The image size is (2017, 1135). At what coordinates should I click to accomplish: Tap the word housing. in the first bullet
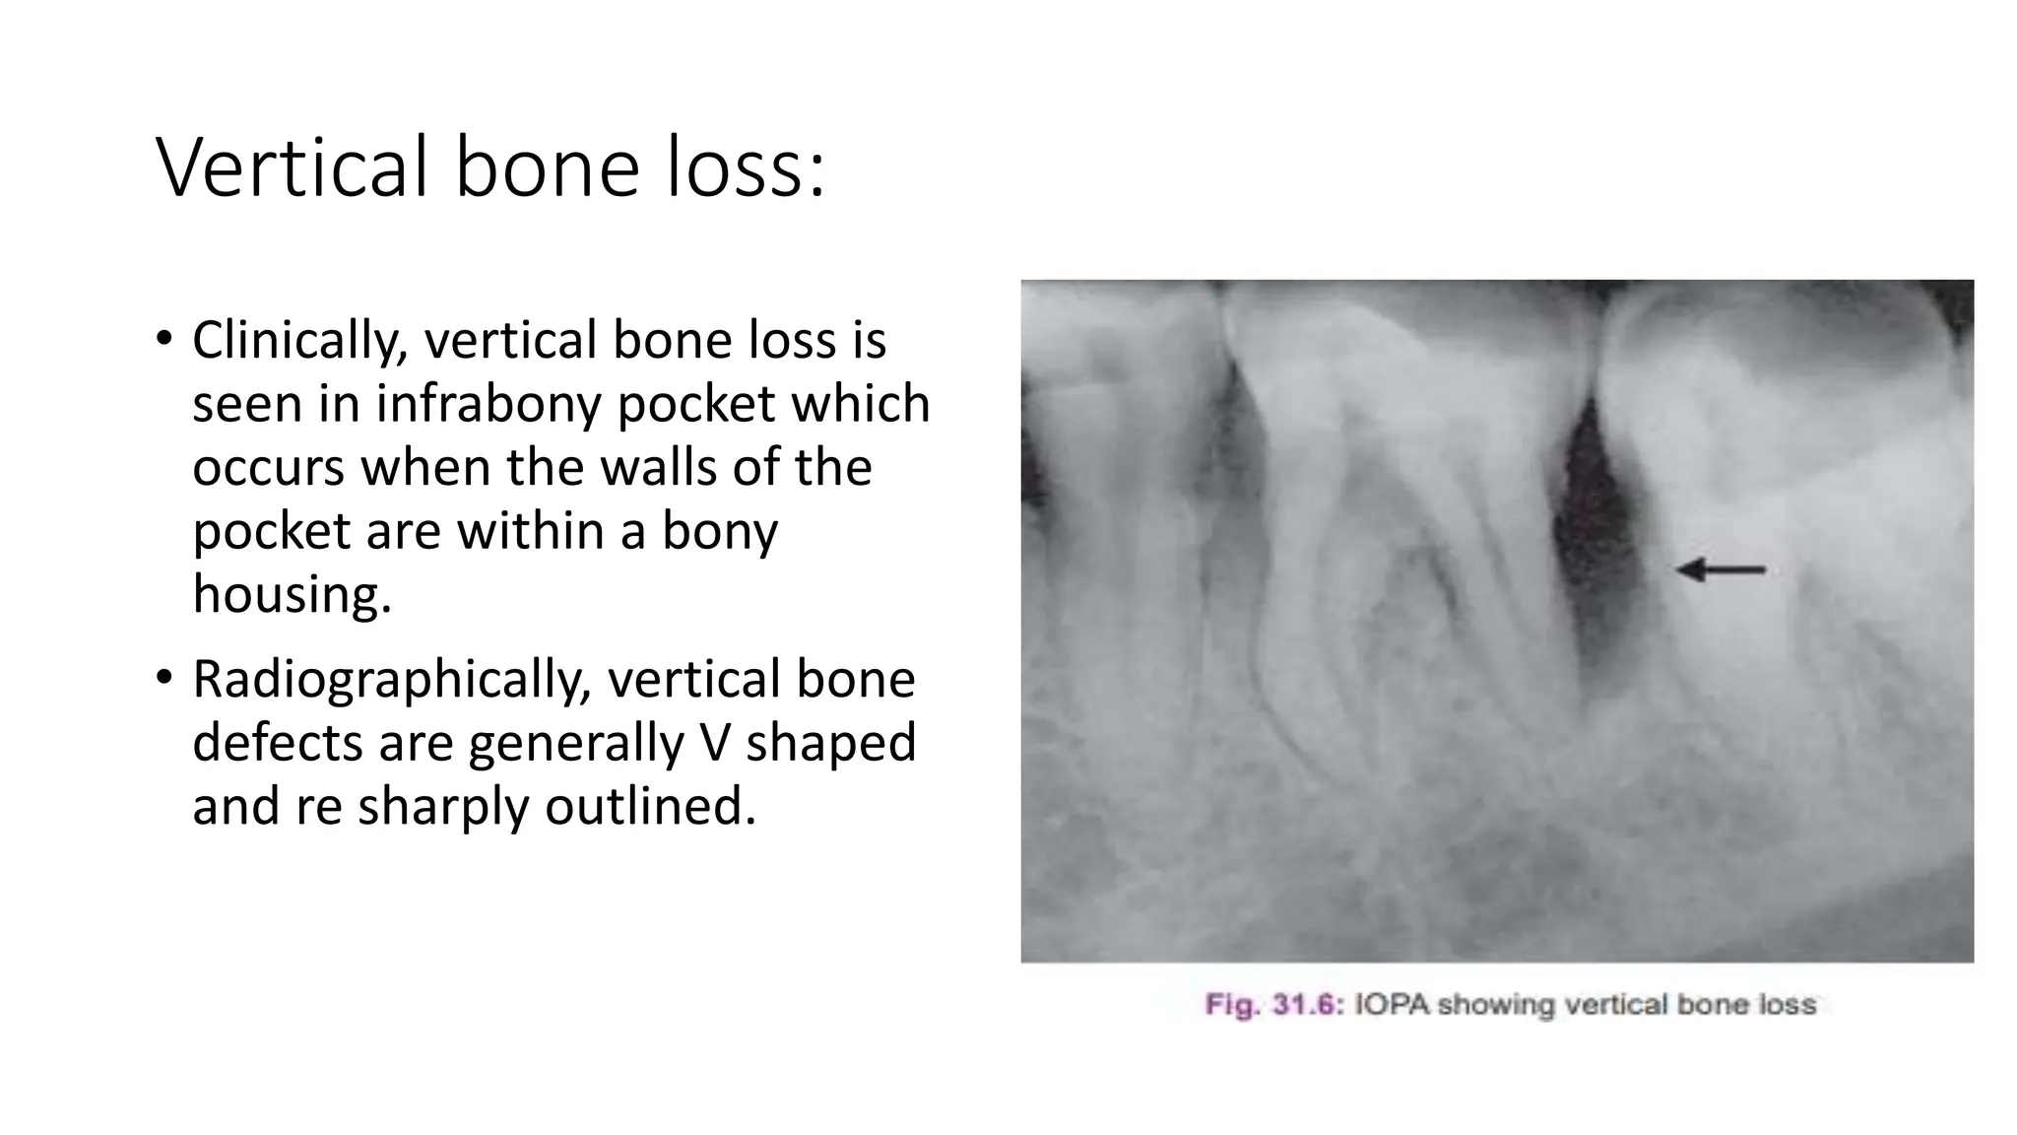(x=292, y=595)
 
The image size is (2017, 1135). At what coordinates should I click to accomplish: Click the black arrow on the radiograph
(x=1721, y=569)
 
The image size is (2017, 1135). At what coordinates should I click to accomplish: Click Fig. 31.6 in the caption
(x=1273, y=1005)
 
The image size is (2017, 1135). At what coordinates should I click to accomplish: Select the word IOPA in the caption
(x=1392, y=1005)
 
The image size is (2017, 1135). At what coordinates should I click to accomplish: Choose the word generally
(x=576, y=743)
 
